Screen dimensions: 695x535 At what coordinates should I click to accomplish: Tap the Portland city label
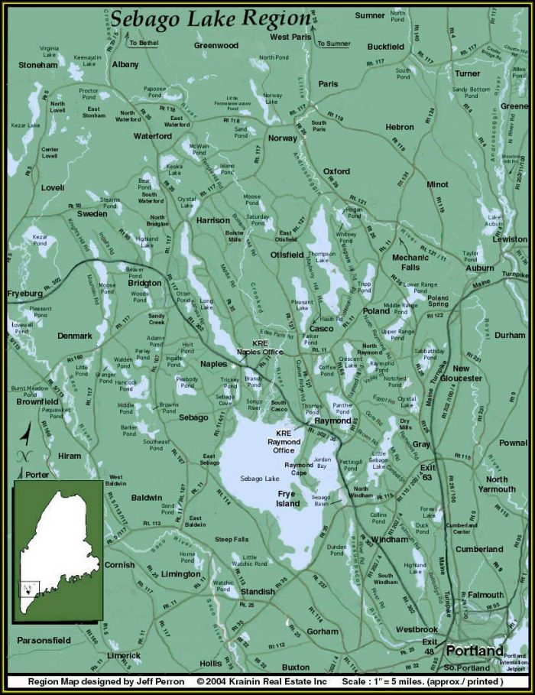point(474,651)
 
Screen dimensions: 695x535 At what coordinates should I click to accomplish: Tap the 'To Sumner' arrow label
point(334,44)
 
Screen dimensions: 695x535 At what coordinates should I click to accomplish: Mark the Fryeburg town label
point(26,294)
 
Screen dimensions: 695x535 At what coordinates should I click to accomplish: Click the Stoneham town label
point(37,65)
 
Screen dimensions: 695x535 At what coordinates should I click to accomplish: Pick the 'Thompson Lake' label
point(322,256)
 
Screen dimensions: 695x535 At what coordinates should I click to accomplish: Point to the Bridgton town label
point(144,283)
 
